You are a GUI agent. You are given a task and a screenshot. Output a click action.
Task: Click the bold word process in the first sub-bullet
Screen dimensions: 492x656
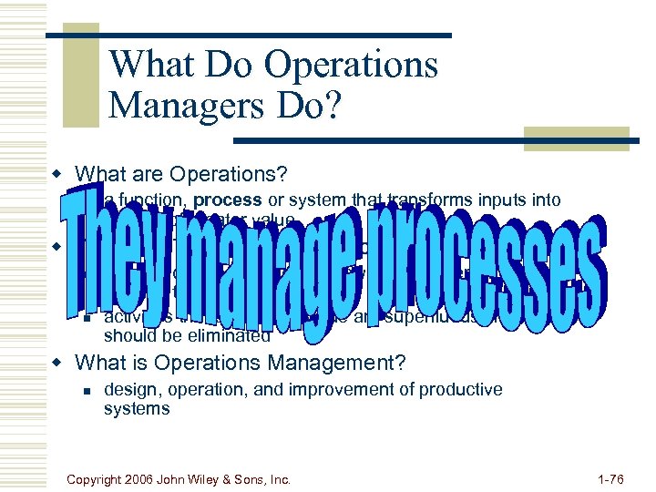point(228,200)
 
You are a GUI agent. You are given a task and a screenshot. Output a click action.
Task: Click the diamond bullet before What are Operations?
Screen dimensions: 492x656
point(57,174)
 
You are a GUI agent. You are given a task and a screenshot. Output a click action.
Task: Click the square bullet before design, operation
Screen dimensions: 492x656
point(86,390)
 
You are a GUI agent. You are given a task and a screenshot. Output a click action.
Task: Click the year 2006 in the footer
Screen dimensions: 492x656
point(161,477)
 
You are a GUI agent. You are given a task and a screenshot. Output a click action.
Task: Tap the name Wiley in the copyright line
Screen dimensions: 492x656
point(231,477)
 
